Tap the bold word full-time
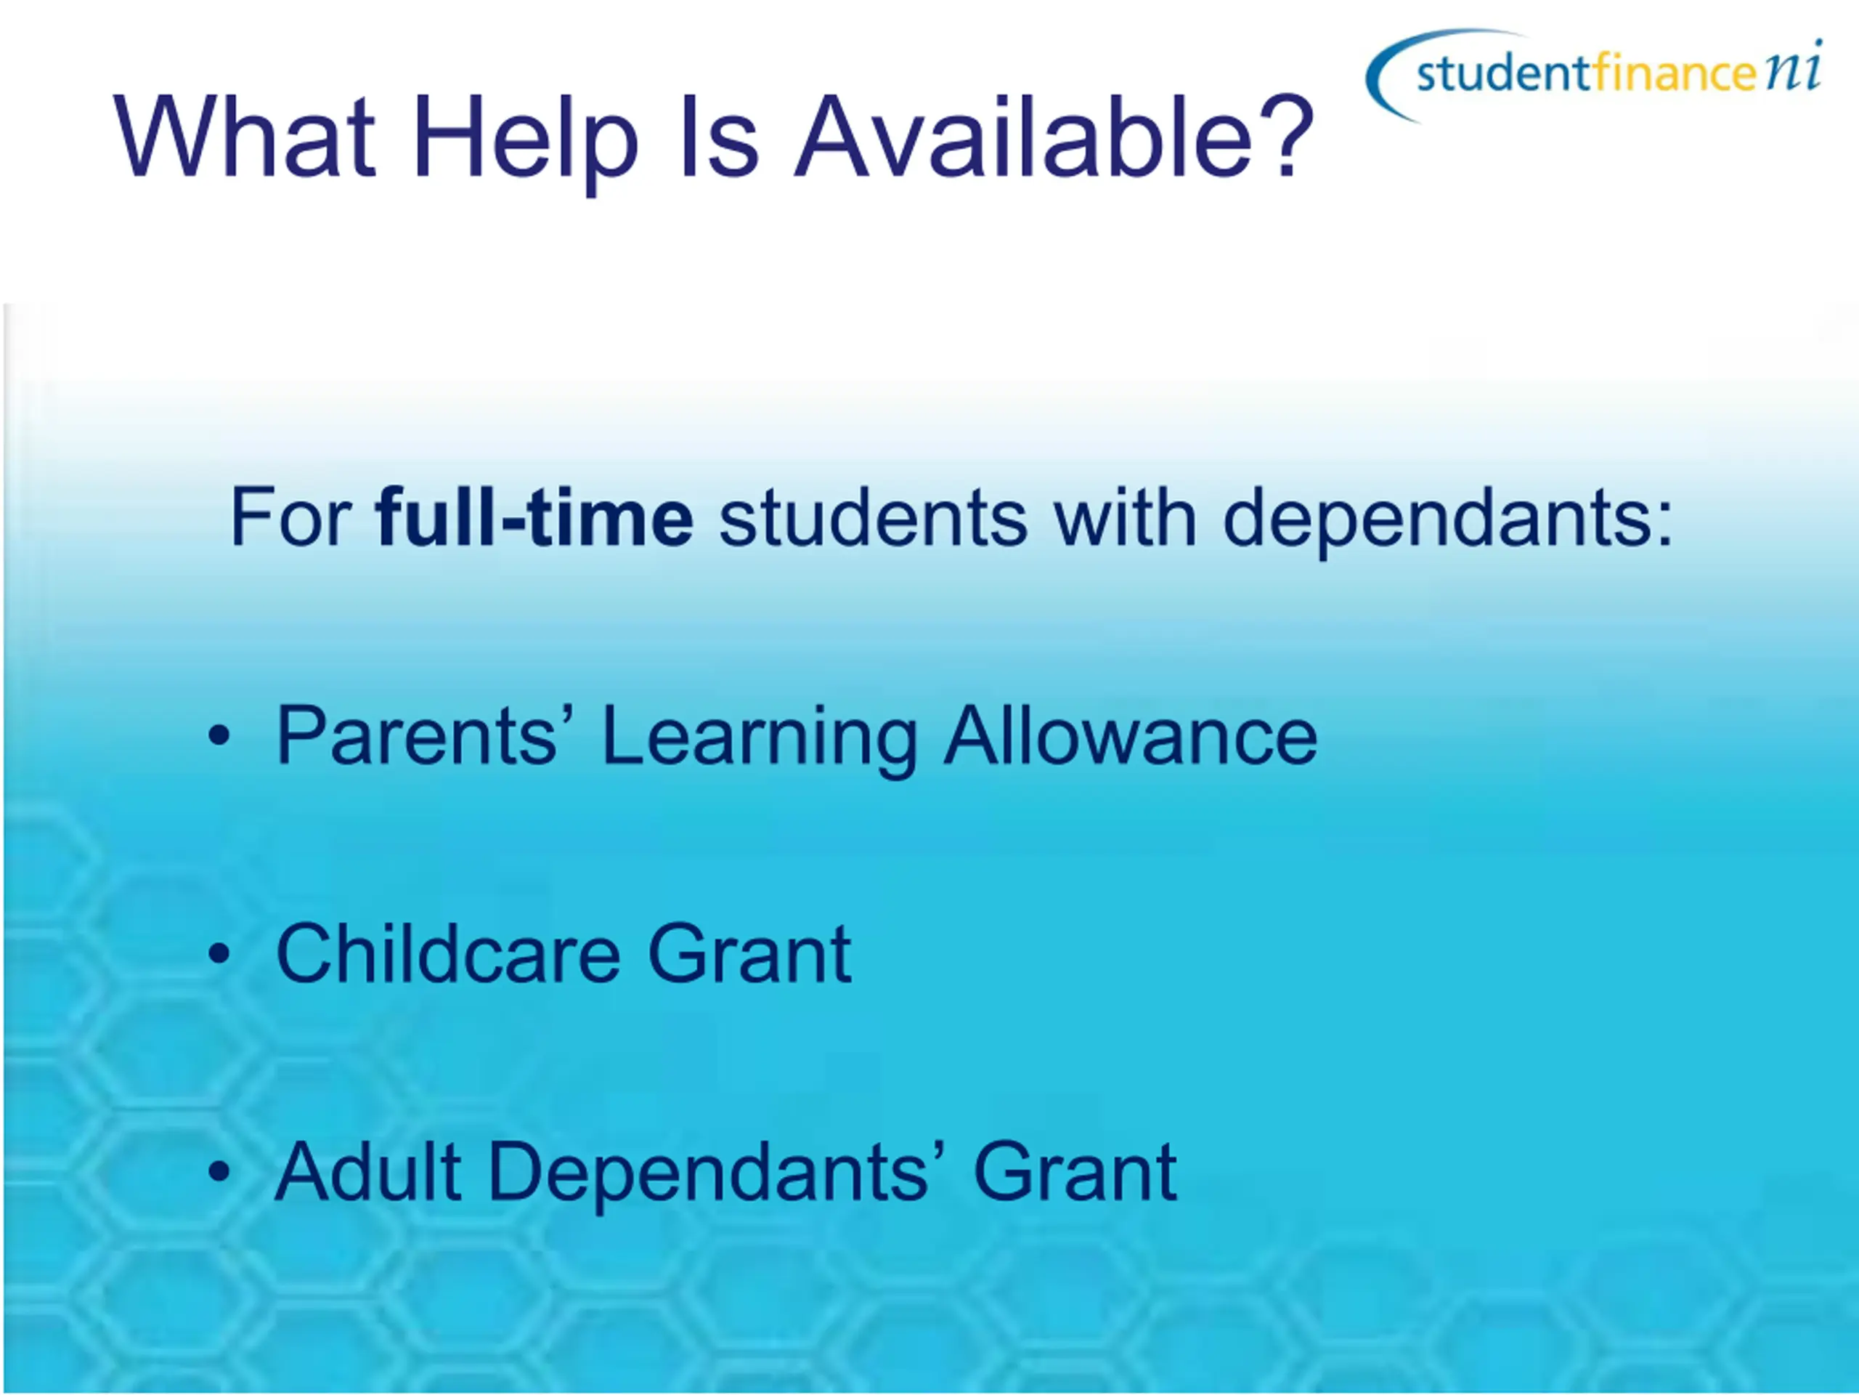click(x=534, y=517)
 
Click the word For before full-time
click(x=290, y=517)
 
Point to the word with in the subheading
click(x=1126, y=517)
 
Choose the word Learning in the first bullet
click(x=760, y=740)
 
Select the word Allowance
click(x=1131, y=735)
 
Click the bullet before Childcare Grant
click(x=219, y=953)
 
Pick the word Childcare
click(x=449, y=953)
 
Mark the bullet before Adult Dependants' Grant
click(x=219, y=1171)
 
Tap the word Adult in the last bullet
click(x=368, y=1170)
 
